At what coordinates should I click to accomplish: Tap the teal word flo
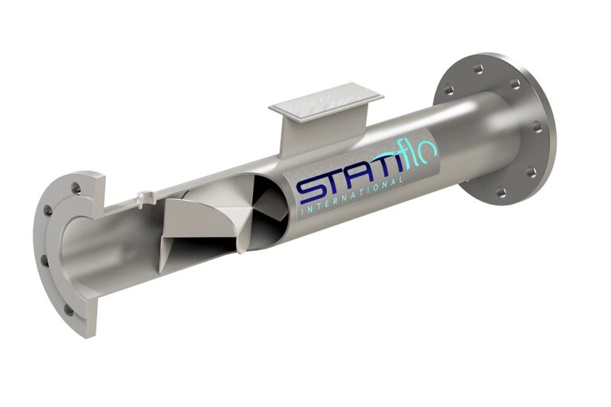pos(418,158)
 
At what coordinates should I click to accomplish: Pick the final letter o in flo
pos(428,152)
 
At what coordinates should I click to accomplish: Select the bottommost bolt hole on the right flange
pos(500,192)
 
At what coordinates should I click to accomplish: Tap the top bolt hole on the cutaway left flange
pos(76,189)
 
